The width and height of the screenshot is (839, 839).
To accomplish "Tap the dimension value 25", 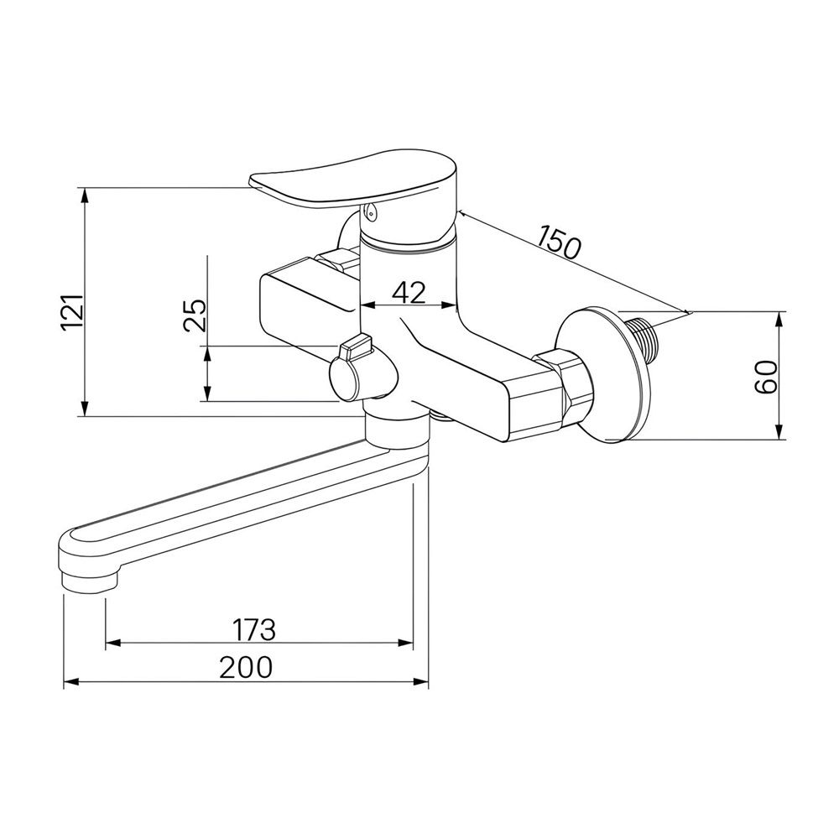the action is click(195, 315).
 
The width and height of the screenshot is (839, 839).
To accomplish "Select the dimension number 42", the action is click(409, 293).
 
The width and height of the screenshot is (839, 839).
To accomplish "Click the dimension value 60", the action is click(766, 377).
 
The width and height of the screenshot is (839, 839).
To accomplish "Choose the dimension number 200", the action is click(246, 667).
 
